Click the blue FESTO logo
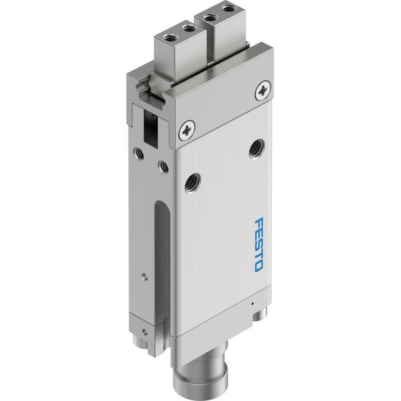coord(259,245)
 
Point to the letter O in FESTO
coord(258,267)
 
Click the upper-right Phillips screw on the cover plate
coord(263,90)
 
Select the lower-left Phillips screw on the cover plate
coord(187,130)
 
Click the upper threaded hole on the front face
coord(257,148)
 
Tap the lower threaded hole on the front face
coord(192,182)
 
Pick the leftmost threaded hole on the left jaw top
coord(169,39)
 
